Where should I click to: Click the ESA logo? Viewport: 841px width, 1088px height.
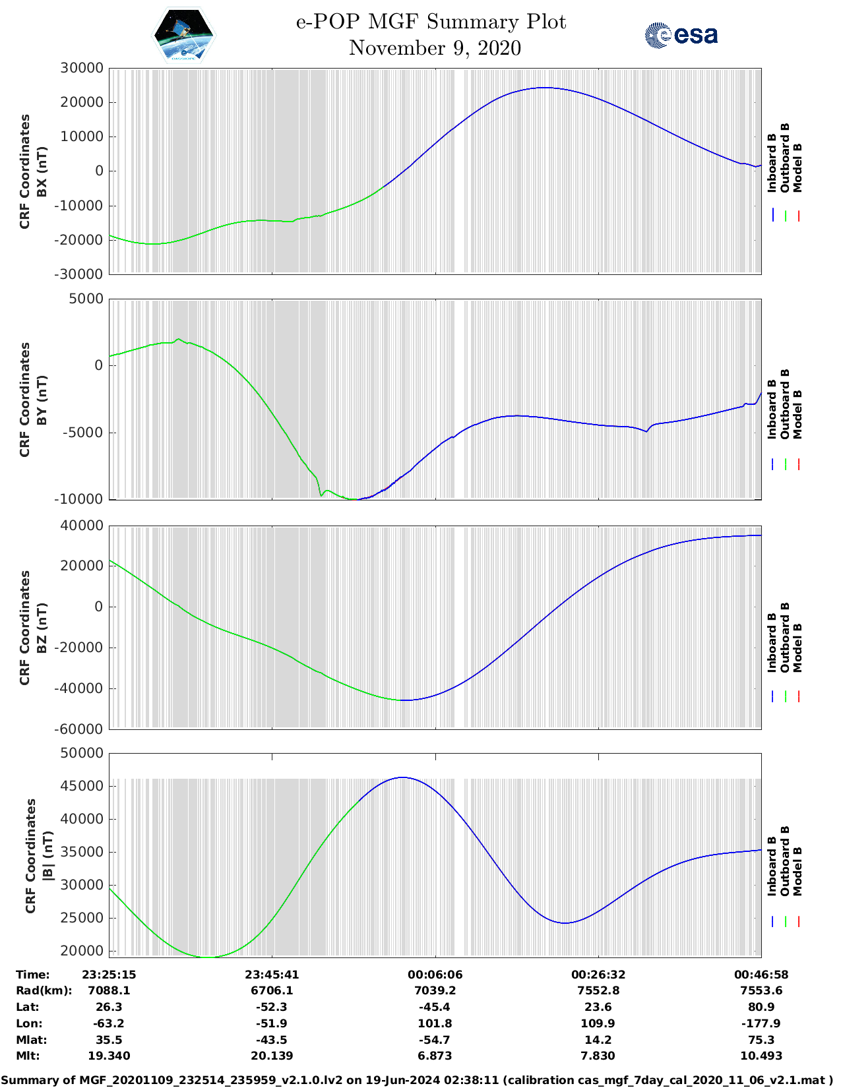(x=681, y=35)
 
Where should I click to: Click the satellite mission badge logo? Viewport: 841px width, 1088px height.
(x=184, y=35)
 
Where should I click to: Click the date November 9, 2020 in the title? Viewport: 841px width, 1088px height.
(x=435, y=48)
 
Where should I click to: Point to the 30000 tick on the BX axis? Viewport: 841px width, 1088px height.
(x=82, y=68)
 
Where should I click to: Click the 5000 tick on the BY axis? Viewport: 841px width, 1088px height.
(x=86, y=299)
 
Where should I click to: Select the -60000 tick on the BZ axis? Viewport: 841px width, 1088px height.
(x=80, y=729)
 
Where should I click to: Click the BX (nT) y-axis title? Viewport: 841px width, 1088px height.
(x=42, y=171)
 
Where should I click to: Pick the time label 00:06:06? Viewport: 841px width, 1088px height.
(x=435, y=975)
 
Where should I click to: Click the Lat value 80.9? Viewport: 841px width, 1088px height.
(x=761, y=1007)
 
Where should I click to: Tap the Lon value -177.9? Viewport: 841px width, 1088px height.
(x=761, y=1023)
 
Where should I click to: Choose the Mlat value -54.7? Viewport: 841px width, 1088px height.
(x=435, y=1040)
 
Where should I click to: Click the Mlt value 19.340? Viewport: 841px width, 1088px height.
(x=109, y=1056)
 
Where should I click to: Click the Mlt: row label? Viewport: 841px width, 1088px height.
(x=28, y=1056)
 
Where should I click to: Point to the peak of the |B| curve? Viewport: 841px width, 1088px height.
(x=403, y=777)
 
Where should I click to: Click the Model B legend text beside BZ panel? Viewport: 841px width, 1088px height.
(x=797, y=648)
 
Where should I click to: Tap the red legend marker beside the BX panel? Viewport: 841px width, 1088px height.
(x=798, y=216)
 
